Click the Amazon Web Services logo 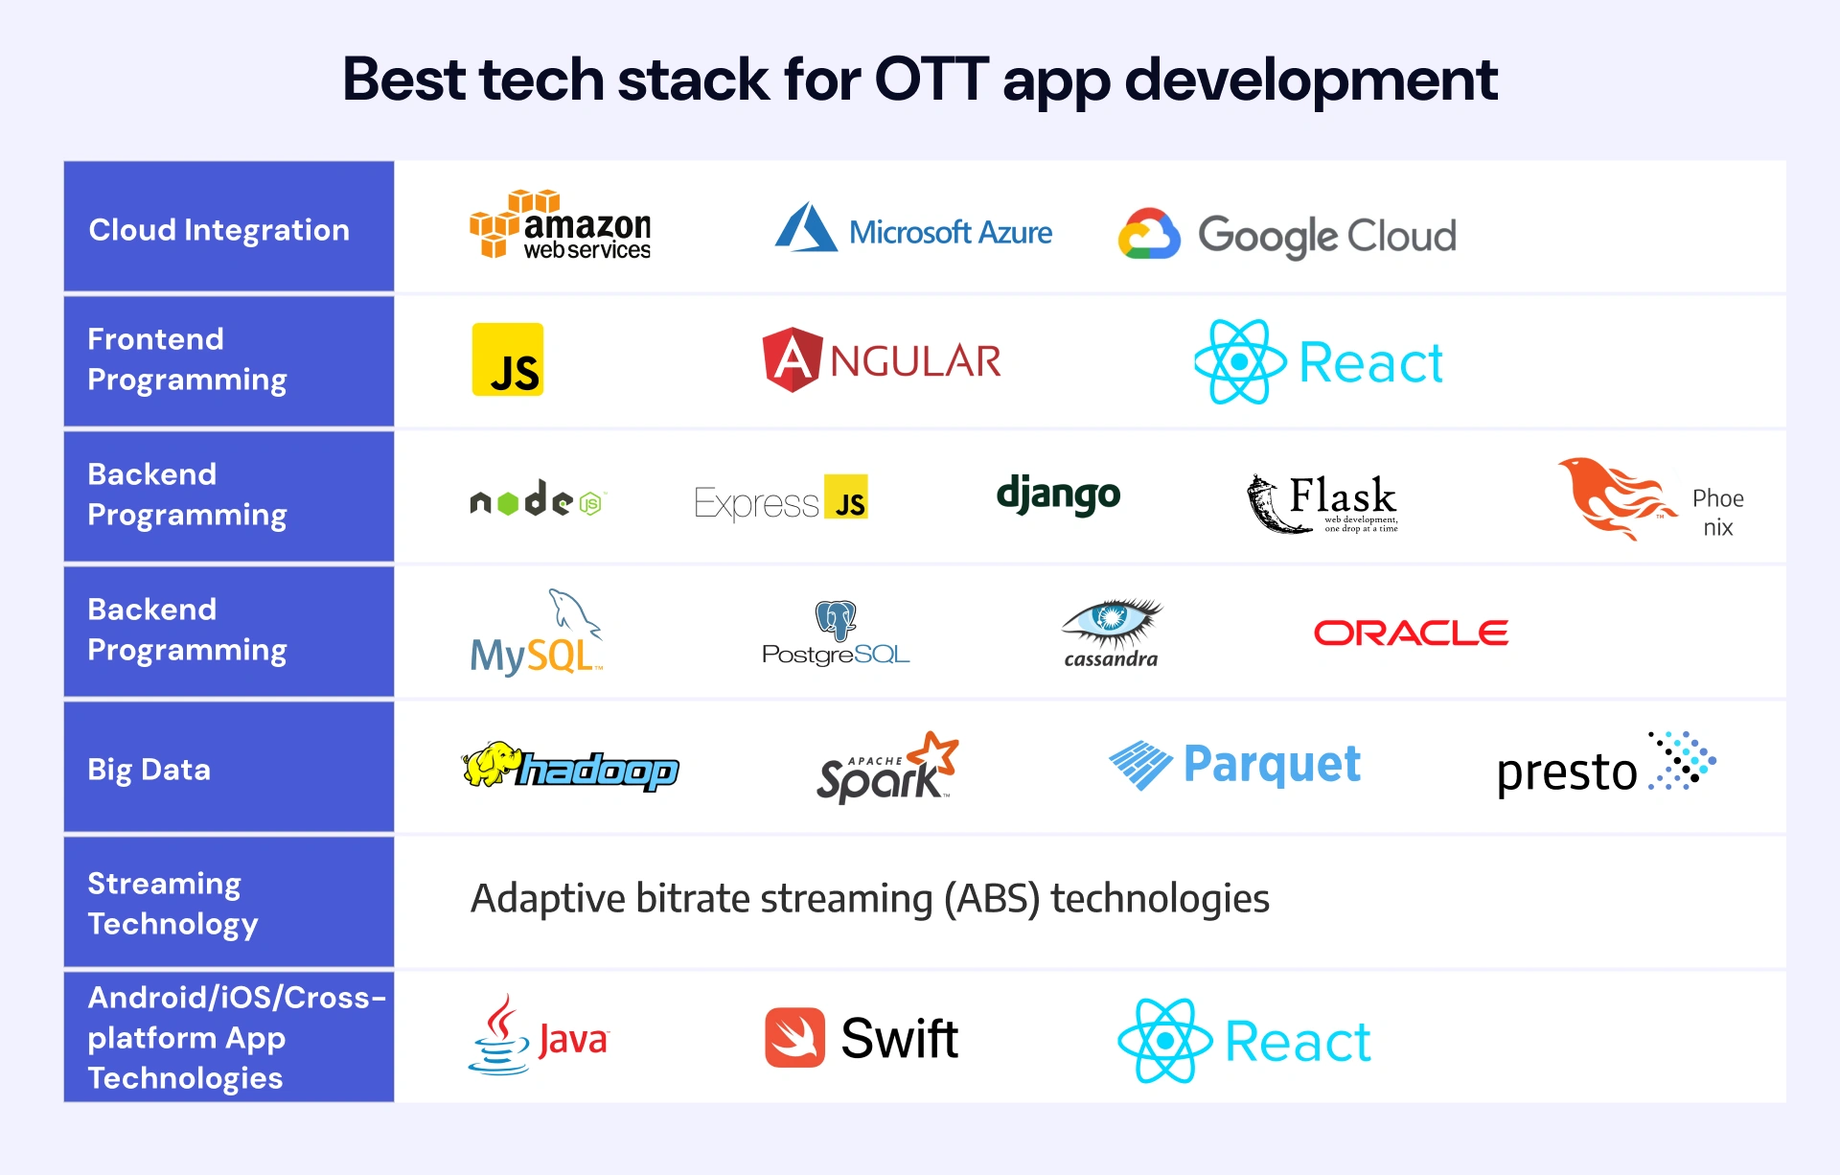[x=561, y=226]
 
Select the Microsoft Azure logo [x=912, y=230]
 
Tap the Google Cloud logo [x=1287, y=235]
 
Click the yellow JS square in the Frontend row [x=508, y=359]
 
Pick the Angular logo [x=882, y=360]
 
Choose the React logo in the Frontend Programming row [x=1319, y=362]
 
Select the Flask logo [x=1322, y=502]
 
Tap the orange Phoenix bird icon [x=1615, y=496]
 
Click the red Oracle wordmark [x=1411, y=633]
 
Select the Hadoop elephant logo [x=570, y=767]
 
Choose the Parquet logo [x=1234, y=765]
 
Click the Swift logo [x=862, y=1038]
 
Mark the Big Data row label [x=149, y=770]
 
